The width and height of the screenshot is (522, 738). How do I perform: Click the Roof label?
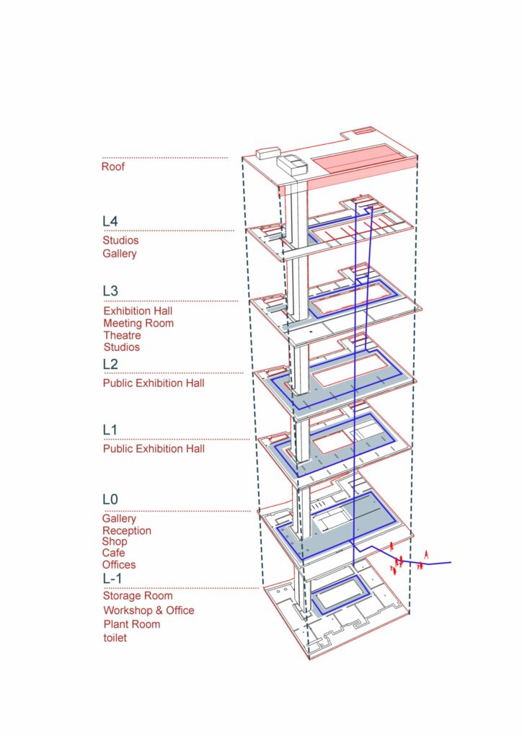click(x=113, y=166)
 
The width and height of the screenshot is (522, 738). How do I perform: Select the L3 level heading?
click(x=110, y=290)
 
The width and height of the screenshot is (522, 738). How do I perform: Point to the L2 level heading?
click(x=110, y=364)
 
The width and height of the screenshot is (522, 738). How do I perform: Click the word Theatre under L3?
click(x=122, y=335)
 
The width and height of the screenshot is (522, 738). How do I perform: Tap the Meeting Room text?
click(x=138, y=324)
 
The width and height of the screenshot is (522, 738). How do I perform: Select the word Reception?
click(x=127, y=530)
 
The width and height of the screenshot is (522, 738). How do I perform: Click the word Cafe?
click(x=113, y=553)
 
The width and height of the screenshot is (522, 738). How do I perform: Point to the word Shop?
click(x=115, y=541)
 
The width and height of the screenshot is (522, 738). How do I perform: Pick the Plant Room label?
click(x=132, y=624)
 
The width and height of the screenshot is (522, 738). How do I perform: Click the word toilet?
click(x=115, y=638)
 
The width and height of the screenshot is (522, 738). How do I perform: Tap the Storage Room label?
click(x=138, y=596)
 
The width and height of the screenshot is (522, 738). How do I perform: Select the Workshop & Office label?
click(x=149, y=610)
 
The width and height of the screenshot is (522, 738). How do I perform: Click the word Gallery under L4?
click(x=119, y=254)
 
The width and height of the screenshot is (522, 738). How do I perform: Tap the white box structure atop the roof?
click(x=293, y=165)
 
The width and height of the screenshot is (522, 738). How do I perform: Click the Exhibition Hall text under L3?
click(x=138, y=311)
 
